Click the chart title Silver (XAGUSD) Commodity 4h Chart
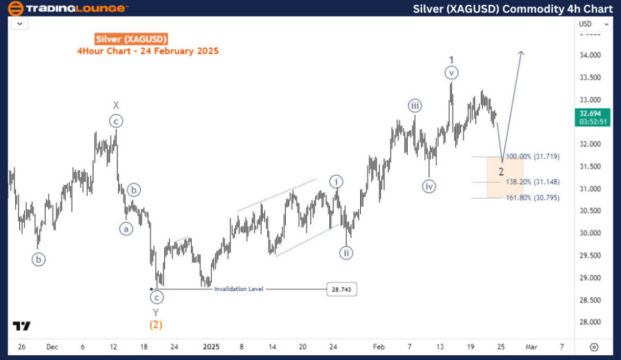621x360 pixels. pyautogui.click(x=513, y=8)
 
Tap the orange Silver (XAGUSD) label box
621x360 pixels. pyautogui.click(x=131, y=39)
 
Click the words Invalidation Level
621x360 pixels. pyautogui.click(x=239, y=290)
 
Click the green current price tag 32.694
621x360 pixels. pyautogui.click(x=593, y=116)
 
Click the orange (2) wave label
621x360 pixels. pyautogui.click(x=157, y=324)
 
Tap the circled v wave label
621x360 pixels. pyautogui.click(x=451, y=72)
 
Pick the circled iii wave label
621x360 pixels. pyautogui.click(x=414, y=106)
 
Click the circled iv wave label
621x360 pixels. pyautogui.click(x=429, y=186)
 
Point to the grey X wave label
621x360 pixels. pyautogui.click(x=117, y=106)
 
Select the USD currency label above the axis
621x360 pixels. pyautogui.click(x=586, y=24)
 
